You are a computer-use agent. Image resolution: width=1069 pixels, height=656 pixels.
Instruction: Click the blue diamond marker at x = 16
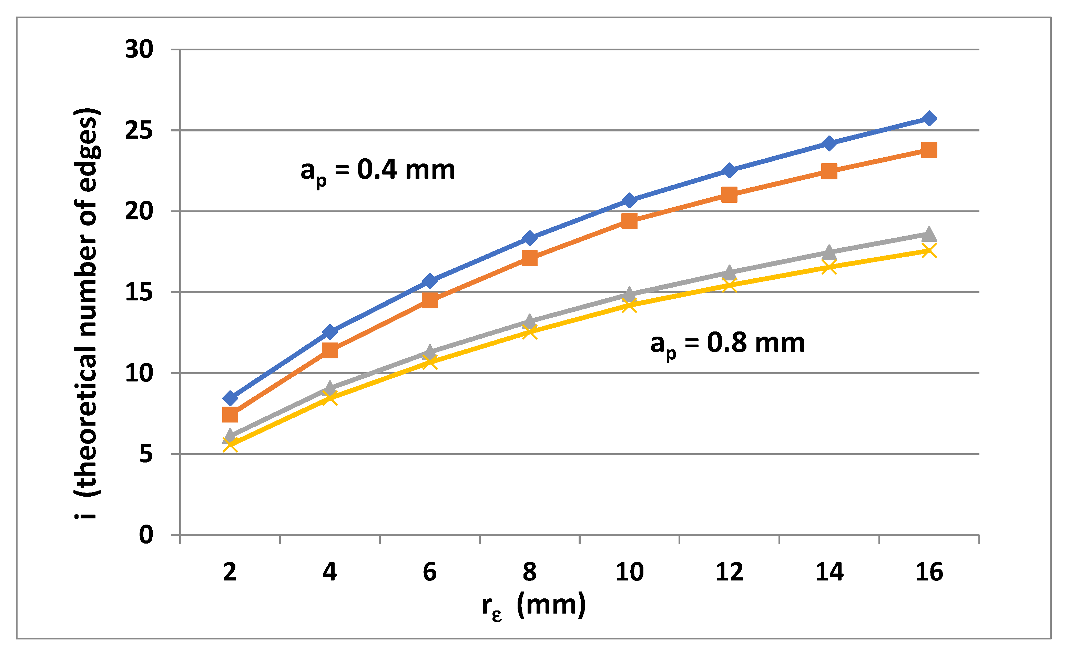tap(929, 119)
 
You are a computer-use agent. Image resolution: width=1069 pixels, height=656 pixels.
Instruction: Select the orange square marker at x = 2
tap(230, 414)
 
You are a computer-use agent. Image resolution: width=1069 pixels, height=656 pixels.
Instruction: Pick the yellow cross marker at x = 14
tap(829, 267)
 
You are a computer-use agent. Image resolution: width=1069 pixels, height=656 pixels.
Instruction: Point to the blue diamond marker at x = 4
tap(330, 332)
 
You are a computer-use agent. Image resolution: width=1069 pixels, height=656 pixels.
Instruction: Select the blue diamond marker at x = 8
tap(530, 238)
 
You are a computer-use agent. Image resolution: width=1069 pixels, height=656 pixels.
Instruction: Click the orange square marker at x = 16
tap(929, 150)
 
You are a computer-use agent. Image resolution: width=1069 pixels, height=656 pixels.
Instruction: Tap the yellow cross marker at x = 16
tap(929, 250)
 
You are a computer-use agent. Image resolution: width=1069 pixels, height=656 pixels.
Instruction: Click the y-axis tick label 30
tap(139, 49)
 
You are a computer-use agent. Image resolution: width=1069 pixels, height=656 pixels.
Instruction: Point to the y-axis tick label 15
tap(139, 292)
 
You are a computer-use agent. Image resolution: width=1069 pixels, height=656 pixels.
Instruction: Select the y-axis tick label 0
tap(146, 535)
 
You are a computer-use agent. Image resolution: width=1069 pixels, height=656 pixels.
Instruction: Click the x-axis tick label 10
tap(630, 572)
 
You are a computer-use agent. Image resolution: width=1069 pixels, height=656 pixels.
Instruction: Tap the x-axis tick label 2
tap(230, 572)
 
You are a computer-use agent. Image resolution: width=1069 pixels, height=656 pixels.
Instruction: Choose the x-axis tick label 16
tap(929, 572)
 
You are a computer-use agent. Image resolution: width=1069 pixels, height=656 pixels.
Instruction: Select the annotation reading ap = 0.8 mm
tap(727, 344)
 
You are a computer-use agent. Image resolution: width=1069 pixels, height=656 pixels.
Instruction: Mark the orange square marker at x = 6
tap(429, 300)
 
